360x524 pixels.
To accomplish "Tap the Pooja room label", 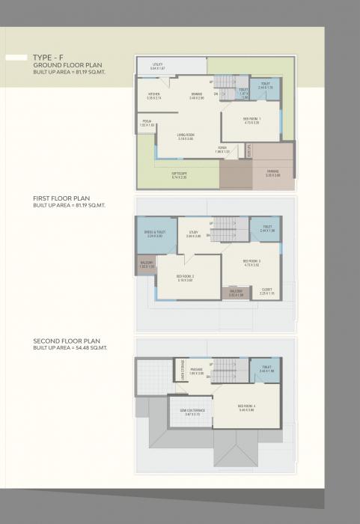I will coord(147,124).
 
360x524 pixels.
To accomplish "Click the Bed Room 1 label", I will coord(251,120).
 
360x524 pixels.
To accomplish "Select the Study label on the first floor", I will coord(193,234).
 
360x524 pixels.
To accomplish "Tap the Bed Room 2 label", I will coord(184,278).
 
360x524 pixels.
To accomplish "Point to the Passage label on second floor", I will coord(197,371).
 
